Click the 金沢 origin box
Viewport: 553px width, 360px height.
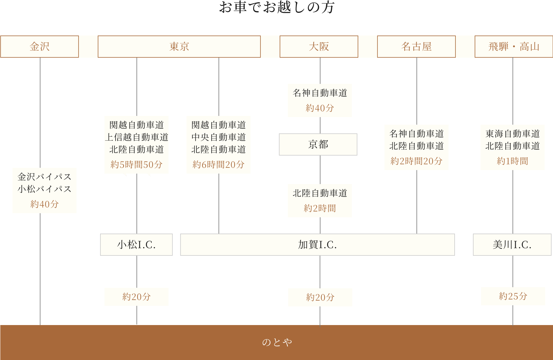coord(40,47)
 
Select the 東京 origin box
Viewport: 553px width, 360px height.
coord(179,47)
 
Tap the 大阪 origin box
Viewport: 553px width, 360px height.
coord(319,47)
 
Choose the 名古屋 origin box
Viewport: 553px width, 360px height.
coord(416,47)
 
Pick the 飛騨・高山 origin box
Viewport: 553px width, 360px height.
coord(514,47)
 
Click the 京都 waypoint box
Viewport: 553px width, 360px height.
coord(318,144)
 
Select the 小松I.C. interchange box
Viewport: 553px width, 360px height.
coord(136,245)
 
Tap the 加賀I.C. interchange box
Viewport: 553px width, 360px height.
coord(317,245)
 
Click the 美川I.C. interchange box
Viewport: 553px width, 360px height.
coord(512,245)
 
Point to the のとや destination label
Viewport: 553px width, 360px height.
coord(276,342)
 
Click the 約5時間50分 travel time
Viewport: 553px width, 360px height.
coord(136,165)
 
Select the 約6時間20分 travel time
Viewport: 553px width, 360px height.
coord(218,165)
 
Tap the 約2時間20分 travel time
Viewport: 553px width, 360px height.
coord(416,161)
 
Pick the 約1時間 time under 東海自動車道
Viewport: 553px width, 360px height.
coord(512,161)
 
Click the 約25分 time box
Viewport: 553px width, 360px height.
coord(513,296)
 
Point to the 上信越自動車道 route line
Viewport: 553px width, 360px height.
coord(136,137)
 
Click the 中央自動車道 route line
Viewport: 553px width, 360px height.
coord(218,137)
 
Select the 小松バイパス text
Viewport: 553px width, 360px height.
coord(44,189)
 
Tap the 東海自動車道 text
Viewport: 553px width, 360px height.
coord(512,134)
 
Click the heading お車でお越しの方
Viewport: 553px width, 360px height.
coord(276,7)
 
